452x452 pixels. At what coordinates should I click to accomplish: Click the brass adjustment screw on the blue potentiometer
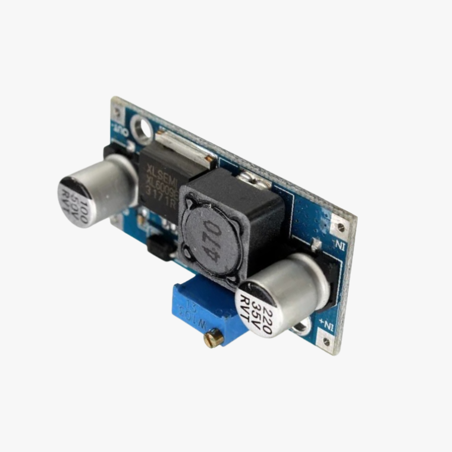[214, 338]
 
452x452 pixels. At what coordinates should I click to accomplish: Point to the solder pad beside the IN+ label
[327, 341]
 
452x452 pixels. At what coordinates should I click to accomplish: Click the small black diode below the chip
[161, 246]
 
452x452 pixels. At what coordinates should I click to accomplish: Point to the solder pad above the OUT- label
[118, 111]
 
